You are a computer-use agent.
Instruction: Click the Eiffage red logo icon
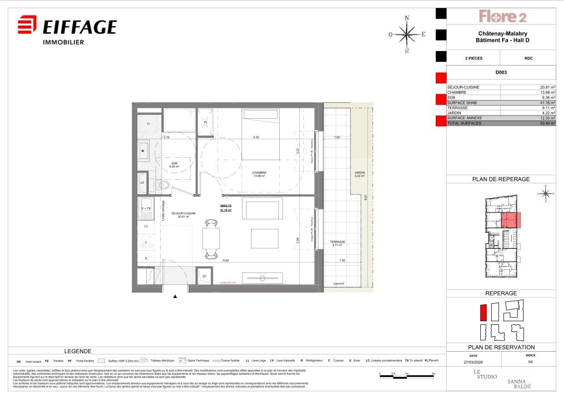click(x=27, y=25)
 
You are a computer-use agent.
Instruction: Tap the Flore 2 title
click(x=502, y=17)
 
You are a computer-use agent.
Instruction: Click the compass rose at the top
click(x=407, y=34)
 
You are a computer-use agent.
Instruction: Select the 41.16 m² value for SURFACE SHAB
click(x=546, y=103)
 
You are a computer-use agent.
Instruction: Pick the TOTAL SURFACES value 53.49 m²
click(x=546, y=123)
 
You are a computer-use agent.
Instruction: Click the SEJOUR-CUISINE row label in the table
click(x=463, y=87)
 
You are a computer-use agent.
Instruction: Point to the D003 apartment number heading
click(x=501, y=72)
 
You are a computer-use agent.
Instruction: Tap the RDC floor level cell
click(x=528, y=58)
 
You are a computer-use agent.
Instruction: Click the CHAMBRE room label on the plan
click(x=259, y=173)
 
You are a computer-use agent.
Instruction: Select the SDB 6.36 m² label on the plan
click(x=174, y=165)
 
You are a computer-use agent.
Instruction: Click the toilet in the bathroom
click(x=162, y=185)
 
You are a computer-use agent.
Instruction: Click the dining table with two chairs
click(x=211, y=238)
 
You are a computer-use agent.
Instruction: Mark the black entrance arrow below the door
click(x=175, y=297)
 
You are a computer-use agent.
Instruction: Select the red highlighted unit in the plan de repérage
click(x=511, y=220)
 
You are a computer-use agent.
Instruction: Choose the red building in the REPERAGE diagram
click(x=483, y=313)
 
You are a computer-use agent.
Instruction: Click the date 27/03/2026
click(x=473, y=362)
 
